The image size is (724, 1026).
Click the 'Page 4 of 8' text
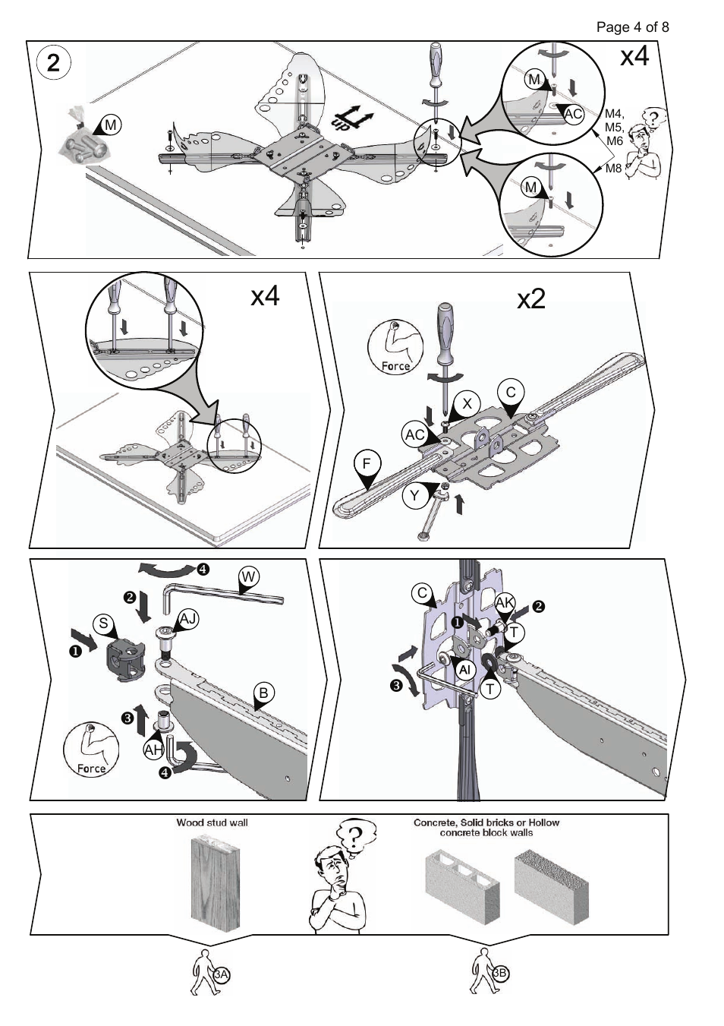(632, 27)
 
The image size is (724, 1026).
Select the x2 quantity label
(531, 298)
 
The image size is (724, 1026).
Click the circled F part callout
(367, 463)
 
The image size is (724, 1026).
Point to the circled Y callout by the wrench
(414, 496)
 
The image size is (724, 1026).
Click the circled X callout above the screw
(467, 403)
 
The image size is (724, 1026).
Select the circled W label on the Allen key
(248, 577)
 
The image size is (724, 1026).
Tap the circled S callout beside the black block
(104, 624)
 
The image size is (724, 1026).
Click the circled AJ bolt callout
(188, 619)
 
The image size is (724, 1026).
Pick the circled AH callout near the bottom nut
(154, 750)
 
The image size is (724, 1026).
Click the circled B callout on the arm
(263, 693)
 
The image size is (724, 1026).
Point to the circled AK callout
(505, 603)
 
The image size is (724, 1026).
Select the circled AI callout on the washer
(466, 670)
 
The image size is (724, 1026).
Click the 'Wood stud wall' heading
(212, 822)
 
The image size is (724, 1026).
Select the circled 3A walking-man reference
(221, 974)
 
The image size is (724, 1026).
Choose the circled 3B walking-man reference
(500, 973)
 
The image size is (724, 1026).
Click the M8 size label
(613, 169)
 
